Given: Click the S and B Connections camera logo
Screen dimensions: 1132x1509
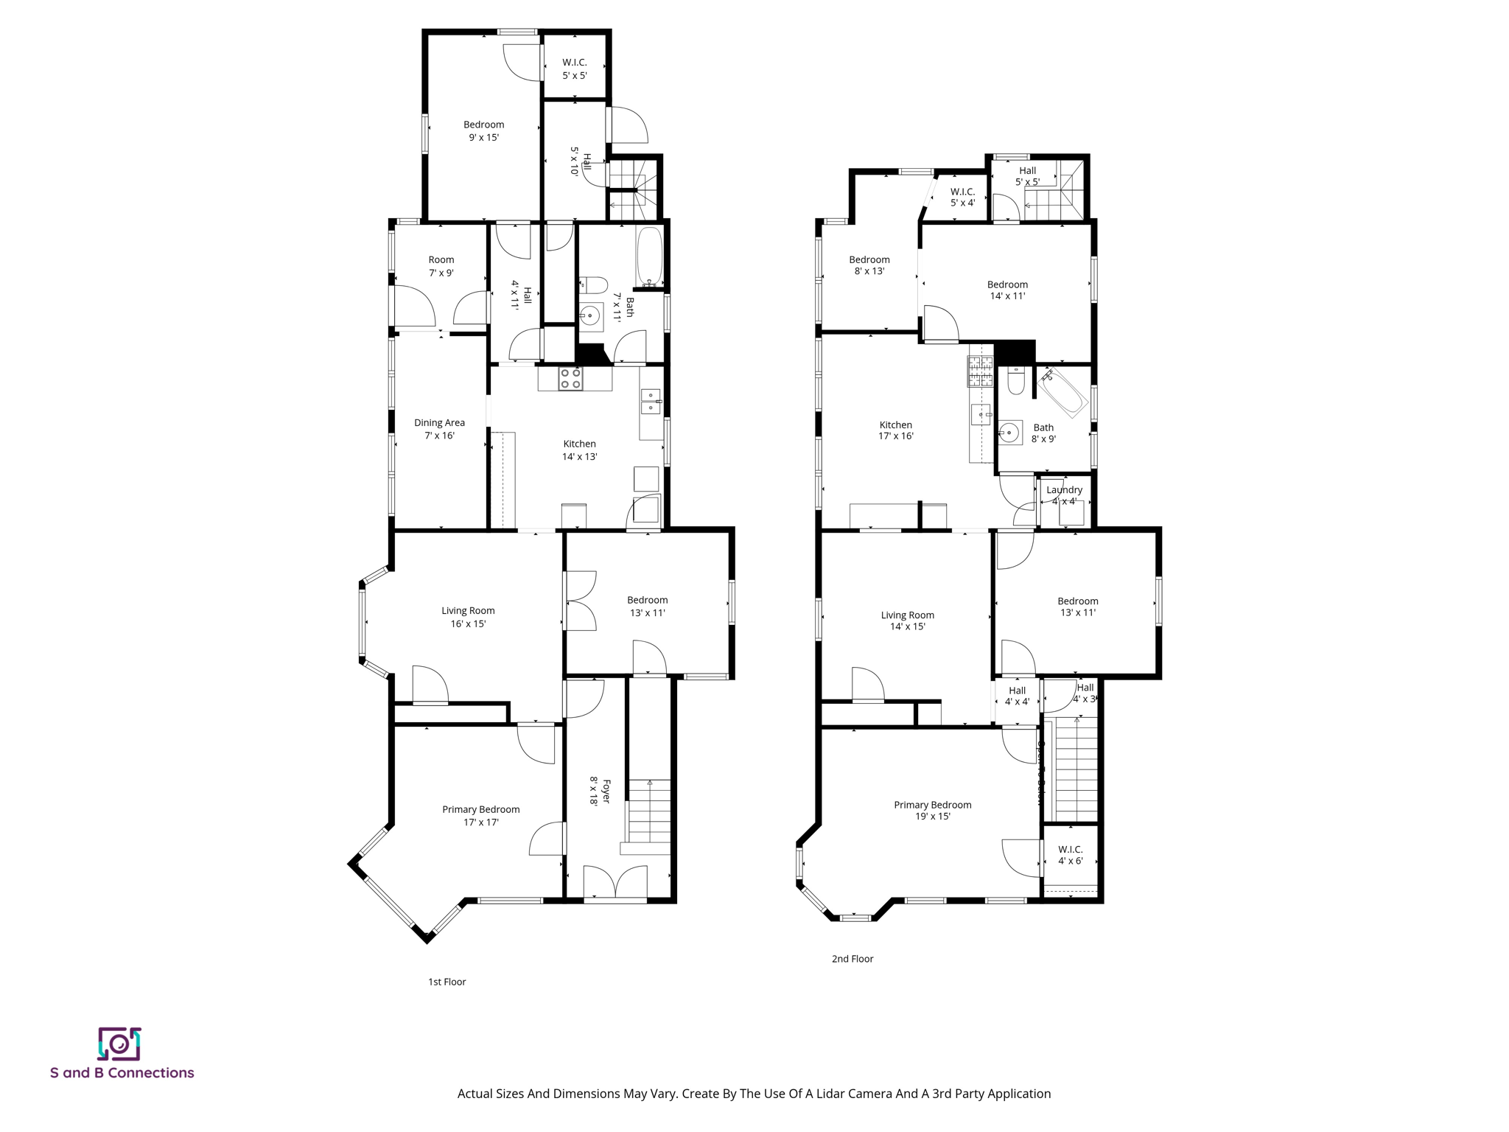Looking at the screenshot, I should tap(119, 1044).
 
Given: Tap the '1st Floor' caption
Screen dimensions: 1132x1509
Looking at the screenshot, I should tap(447, 982).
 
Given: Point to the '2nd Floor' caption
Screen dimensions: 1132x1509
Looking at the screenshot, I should tap(852, 959).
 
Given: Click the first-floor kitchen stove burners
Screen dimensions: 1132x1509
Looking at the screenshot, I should tap(570, 379).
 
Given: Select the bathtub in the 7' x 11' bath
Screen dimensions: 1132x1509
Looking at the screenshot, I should tap(649, 256).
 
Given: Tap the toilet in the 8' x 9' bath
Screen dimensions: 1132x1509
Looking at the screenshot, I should tap(1015, 382).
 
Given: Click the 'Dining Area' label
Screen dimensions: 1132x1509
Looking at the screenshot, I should tap(439, 423).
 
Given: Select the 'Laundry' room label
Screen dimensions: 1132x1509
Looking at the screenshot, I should tap(1064, 490).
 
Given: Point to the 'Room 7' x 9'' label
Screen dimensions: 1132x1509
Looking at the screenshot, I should tap(441, 266).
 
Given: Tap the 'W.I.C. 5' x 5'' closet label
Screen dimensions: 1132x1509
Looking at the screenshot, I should tap(575, 69).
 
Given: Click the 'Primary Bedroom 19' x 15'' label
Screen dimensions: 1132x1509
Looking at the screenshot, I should tap(932, 811).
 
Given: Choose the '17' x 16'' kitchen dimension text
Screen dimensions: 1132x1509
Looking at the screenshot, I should tap(896, 436).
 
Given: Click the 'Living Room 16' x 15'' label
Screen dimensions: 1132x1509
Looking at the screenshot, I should tap(468, 617).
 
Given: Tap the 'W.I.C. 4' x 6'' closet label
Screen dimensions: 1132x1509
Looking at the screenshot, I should tap(1070, 855).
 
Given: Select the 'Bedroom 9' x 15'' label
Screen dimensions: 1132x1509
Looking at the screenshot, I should tap(483, 131).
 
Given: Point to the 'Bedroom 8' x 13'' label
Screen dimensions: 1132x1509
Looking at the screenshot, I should tap(869, 265).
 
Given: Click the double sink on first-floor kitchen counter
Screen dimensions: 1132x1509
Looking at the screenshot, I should tap(650, 402).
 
